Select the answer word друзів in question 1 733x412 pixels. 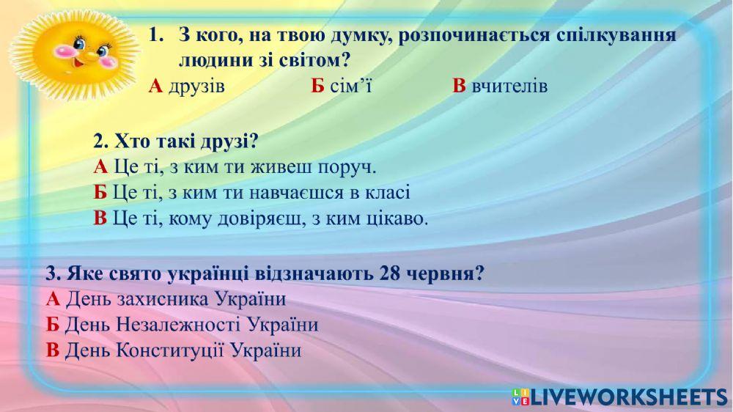(196, 87)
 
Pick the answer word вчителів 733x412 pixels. (509, 87)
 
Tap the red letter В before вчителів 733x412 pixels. (460, 87)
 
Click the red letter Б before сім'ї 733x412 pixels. (317, 87)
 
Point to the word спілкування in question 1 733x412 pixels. (623, 36)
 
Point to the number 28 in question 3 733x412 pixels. (390, 274)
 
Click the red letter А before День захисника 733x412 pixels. (53, 300)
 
